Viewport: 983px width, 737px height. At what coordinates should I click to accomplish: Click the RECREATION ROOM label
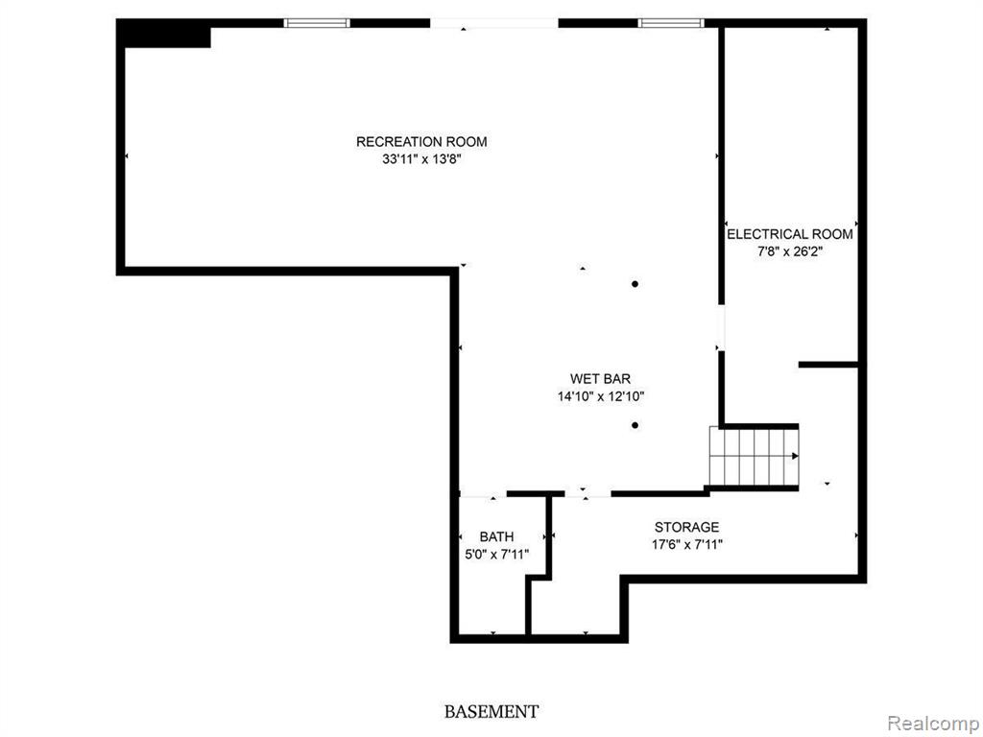click(421, 142)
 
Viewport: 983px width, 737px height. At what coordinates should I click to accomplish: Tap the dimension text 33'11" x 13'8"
click(421, 159)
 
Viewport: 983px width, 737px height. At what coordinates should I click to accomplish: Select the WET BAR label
click(600, 378)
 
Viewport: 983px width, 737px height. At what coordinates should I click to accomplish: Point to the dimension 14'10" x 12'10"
click(601, 396)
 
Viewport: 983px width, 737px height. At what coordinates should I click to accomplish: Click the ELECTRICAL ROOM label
click(789, 234)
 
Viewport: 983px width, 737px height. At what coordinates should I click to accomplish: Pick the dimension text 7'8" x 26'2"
click(789, 252)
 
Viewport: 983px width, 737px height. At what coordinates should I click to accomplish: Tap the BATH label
click(496, 536)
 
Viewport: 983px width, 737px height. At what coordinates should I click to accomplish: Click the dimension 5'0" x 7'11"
click(496, 554)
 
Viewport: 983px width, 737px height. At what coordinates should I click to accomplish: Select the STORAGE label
click(686, 527)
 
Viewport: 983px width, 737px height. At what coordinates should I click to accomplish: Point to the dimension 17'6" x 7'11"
click(687, 545)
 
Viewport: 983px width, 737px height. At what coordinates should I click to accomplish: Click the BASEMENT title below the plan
click(491, 712)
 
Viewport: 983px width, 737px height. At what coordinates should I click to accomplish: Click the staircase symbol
click(755, 456)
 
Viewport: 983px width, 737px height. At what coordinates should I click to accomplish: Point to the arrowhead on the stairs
click(796, 456)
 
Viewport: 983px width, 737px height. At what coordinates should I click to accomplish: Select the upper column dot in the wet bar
click(635, 284)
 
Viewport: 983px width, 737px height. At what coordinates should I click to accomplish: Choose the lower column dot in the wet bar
click(635, 425)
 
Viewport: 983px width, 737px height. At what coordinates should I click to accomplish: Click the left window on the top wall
click(317, 23)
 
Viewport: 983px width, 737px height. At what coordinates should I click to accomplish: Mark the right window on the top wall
click(671, 23)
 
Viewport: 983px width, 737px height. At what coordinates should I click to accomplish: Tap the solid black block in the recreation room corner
click(164, 34)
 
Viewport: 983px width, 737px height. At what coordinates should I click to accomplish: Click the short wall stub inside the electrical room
click(828, 365)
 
